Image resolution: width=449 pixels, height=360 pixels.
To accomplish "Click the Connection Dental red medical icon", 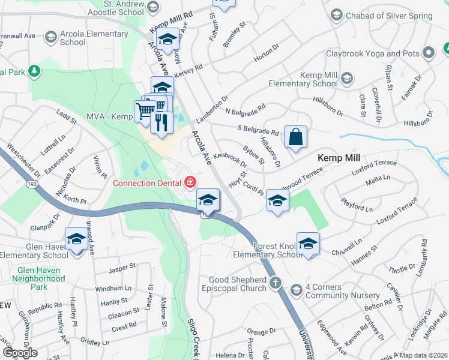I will [190, 181].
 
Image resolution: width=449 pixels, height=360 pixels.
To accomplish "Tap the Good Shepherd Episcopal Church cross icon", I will [276, 283].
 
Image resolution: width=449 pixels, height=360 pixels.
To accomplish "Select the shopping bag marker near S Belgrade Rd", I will [296, 137].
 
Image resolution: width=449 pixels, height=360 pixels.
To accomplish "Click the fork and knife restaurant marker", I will [161, 122].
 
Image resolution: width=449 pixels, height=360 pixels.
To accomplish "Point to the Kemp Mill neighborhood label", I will [339, 157].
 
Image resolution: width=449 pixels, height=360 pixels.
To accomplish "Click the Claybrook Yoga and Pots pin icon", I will [428, 53].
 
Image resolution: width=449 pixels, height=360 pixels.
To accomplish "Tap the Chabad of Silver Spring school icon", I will [336, 14].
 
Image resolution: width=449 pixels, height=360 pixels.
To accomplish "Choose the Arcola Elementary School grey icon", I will [51, 38].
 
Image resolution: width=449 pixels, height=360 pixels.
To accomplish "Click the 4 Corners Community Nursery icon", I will [296, 290].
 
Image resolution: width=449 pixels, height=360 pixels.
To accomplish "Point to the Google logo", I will [19, 352].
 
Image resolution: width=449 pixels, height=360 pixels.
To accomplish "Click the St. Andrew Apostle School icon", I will [152, 8].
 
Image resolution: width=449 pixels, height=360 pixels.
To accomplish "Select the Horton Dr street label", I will [263, 56].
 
